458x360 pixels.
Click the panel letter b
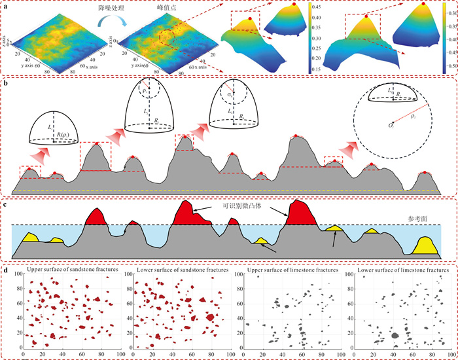(x=6, y=84)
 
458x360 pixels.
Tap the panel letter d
(x=6, y=268)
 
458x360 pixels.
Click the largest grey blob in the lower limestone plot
(x=395, y=334)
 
